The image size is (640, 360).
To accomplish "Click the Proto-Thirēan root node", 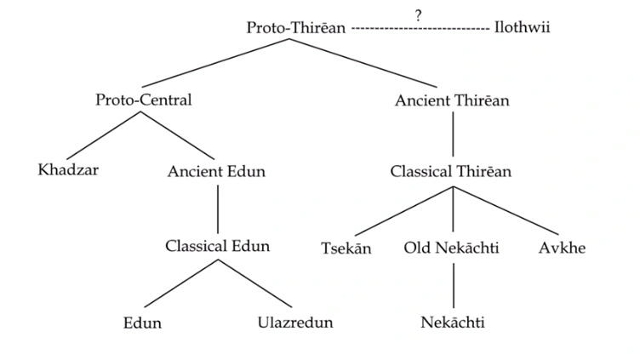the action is coord(296,28).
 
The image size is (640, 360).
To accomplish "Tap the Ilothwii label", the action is coord(522,27).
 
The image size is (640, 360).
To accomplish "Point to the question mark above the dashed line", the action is coord(418,15).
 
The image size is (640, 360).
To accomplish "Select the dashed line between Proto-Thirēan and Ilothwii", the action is coord(420,29).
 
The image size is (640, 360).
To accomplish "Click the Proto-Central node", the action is coord(143,100).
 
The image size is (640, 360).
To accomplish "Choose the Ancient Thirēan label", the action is coord(452,100).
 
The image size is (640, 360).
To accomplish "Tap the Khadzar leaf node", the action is coord(68,169).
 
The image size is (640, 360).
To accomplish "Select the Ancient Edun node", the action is coord(216,171).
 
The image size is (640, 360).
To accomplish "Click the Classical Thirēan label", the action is coord(450,171).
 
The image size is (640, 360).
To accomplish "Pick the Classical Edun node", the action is coord(218,246).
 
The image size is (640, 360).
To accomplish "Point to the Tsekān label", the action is coord(346,249).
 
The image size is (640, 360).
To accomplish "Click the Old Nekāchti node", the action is coord(451,248).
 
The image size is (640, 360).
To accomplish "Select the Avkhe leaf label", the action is coord(562,248).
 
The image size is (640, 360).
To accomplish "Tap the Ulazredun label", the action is coord(295,323).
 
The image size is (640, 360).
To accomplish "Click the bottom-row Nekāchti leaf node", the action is coord(453,323).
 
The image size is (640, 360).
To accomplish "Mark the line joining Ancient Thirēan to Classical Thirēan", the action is coord(453,134).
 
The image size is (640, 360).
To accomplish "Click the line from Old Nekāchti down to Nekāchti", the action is coord(454,286).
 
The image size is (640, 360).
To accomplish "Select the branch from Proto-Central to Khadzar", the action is coord(104,135).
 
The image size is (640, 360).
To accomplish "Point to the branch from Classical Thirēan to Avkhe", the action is coord(506,210).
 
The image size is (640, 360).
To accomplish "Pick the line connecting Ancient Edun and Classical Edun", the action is coord(218,209).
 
